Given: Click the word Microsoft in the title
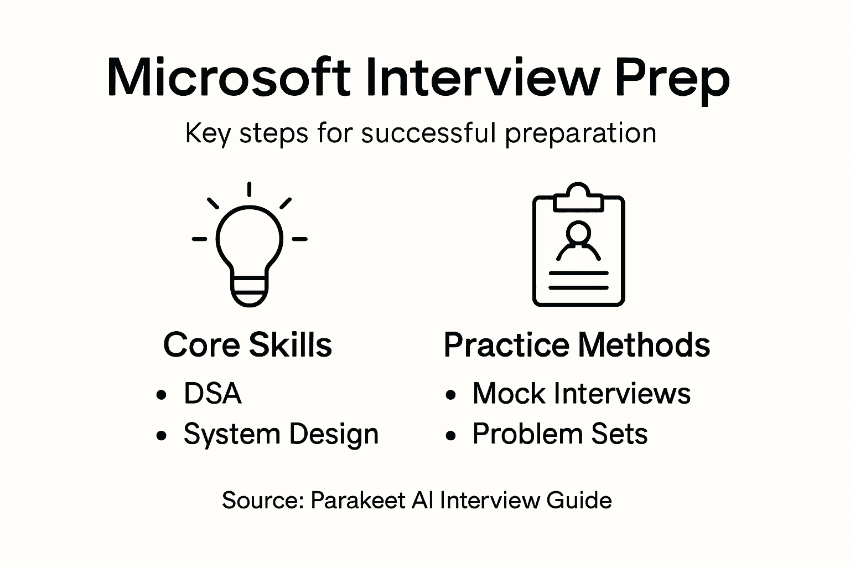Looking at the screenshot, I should pos(228,78).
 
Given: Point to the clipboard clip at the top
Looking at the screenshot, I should pos(578,197).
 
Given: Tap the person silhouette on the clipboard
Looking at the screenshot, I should pos(578,241).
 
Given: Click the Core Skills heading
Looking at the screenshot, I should pos(247,344).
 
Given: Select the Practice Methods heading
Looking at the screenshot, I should pos(577,344).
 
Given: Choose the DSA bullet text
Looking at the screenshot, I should pos(212,394).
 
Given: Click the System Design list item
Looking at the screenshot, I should pos(281,434).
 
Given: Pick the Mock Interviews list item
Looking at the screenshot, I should pos(581,394).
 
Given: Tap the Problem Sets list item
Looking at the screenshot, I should pos(559,434).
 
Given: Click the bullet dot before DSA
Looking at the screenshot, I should pos(162,395).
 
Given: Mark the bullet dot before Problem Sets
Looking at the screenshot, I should pos(451,436).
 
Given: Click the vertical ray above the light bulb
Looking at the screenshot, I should pos(250,189).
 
